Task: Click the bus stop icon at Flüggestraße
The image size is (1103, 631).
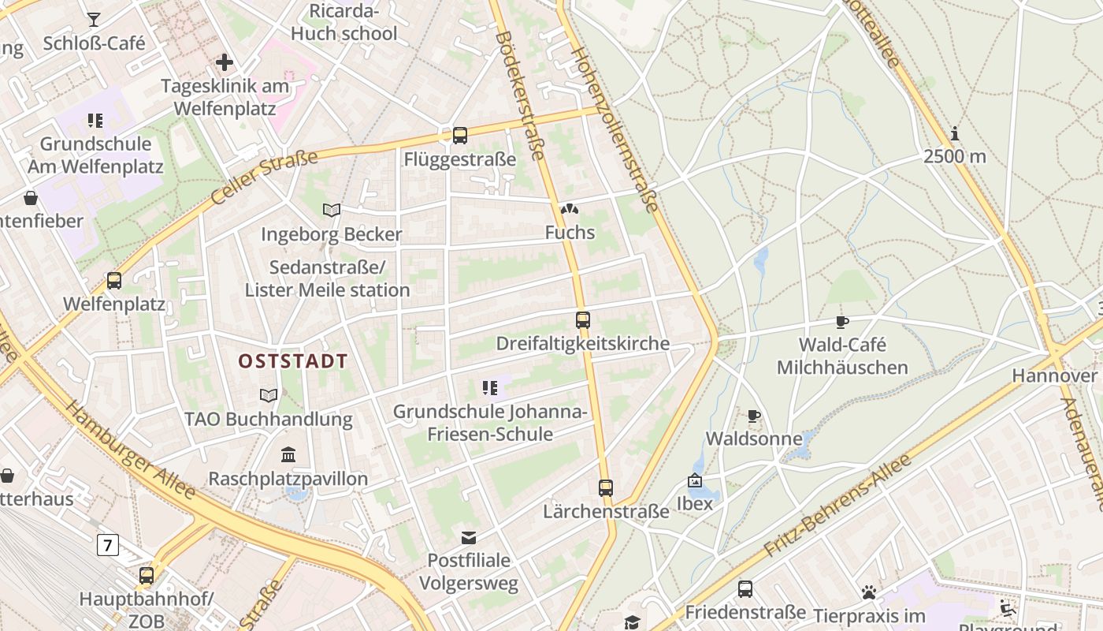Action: click(460, 135)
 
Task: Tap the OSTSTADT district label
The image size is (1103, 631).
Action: click(293, 361)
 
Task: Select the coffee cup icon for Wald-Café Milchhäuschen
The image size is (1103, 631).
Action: click(842, 322)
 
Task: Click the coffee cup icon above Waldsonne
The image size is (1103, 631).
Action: click(754, 416)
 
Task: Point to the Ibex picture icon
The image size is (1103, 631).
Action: click(694, 480)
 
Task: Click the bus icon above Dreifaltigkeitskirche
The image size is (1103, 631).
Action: click(583, 320)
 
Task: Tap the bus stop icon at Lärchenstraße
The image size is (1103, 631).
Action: click(605, 488)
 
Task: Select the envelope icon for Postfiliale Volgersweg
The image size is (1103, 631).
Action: click(469, 538)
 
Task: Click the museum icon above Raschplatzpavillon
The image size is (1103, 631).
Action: click(288, 455)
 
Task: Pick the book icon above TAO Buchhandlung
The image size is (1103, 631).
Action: click(269, 395)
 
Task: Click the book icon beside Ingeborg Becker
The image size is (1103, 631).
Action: click(332, 210)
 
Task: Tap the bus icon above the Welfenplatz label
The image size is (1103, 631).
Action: click(114, 280)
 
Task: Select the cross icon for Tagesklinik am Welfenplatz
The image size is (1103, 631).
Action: click(225, 62)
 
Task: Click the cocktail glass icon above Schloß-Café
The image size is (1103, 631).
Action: click(94, 20)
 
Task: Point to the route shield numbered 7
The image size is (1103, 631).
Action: click(108, 545)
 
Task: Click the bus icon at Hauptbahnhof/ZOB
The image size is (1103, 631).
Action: click(147, 576)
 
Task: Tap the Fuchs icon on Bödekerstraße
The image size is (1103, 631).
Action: click(569, 210)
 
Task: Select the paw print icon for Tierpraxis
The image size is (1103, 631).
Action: click(869, 592)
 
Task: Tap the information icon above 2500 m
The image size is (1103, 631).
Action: click(955, 133)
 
